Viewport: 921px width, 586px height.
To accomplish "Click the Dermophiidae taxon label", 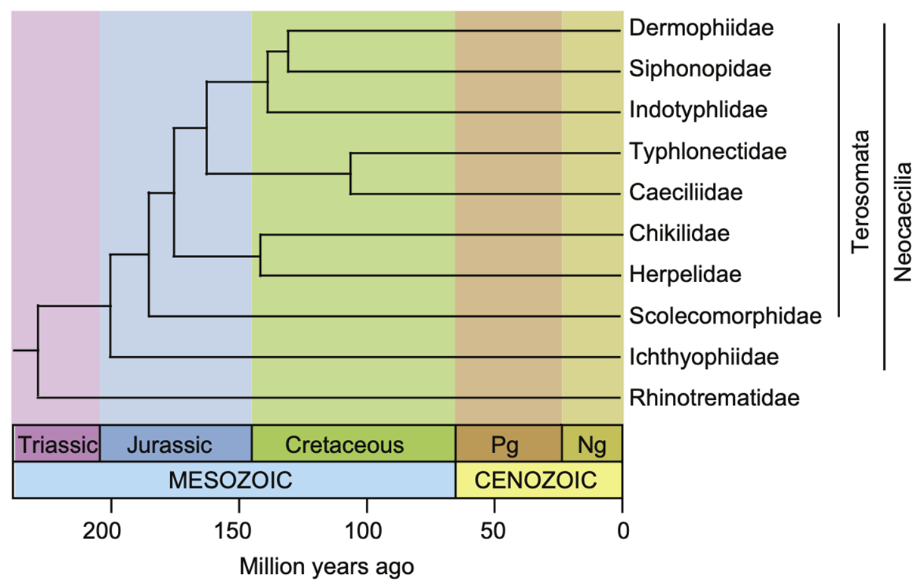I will (701, 29).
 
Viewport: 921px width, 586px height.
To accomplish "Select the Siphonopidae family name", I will (700, 70).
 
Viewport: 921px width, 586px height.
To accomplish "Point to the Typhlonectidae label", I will (708, 151).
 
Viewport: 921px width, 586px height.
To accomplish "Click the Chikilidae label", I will (679, 233).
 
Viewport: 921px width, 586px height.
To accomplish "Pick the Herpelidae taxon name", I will (685, 274).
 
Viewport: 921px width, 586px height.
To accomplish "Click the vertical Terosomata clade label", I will (860, 193).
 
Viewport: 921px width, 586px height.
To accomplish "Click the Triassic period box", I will (57, 443).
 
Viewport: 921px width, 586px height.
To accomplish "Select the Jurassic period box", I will (175, 443).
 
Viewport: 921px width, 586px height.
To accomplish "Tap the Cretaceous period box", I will (353, 443).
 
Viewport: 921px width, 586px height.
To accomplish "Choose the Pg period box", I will (508, 443).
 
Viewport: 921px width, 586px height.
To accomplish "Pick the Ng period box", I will (591, 443).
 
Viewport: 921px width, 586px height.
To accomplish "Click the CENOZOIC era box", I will (538, 479).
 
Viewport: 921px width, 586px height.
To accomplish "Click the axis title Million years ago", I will (327, 565).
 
